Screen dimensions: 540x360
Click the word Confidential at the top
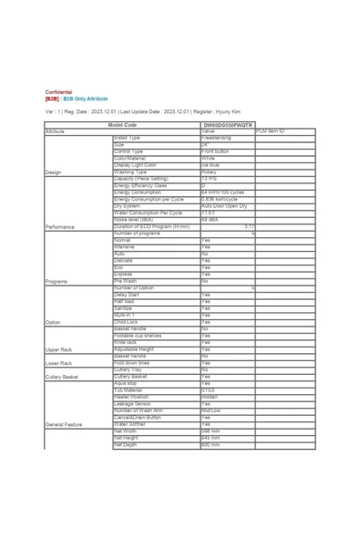(x=58, y=92)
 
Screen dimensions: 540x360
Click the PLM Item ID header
(x=271, y=131)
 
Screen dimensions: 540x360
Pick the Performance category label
(x=60, y=226)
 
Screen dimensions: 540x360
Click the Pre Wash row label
(x=125, y=281)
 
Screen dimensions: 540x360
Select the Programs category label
(x=56, y=282)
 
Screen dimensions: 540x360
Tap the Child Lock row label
(x=127, y=322)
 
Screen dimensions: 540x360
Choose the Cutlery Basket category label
(x=61, y=377)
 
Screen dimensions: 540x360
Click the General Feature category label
(x=63, y=425)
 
